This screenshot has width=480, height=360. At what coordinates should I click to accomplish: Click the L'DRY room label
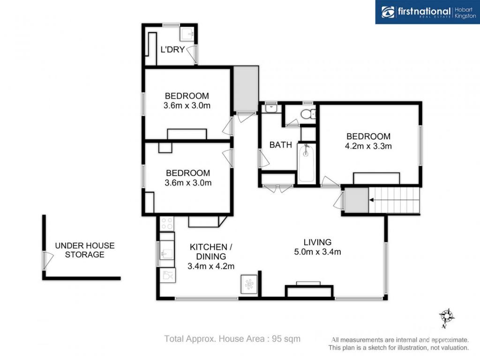tap(172, 49)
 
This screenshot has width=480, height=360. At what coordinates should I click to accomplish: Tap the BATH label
tap(280, 145)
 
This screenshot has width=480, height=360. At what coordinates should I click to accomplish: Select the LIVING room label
tap(317, 242)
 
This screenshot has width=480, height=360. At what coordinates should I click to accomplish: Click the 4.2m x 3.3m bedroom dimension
tap(368, 146)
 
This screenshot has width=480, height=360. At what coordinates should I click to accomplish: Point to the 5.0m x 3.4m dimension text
tap(317, 252)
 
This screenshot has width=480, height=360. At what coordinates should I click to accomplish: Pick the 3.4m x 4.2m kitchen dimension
tap(211, 266)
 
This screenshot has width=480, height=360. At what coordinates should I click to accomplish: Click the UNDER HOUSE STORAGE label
tap(85, 250)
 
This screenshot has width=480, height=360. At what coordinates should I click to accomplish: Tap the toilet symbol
tap(307, 114)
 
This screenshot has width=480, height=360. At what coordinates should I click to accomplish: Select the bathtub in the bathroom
tap(306, 163)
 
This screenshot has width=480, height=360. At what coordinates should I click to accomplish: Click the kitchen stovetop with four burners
tap(167, 223)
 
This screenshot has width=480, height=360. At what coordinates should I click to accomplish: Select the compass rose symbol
tap(447, 316)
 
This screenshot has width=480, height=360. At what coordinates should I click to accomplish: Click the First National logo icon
tap(388, 12)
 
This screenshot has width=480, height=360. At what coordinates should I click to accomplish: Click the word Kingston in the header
tap(465, 16)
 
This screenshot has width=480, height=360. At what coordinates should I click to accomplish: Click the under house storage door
tap(48, 261)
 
